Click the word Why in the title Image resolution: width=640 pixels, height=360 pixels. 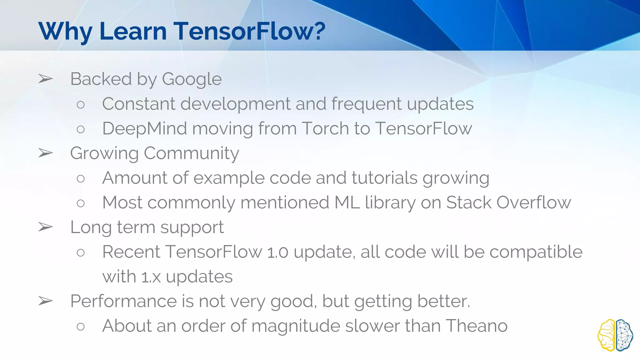point(65,32)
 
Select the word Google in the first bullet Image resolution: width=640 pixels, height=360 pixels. point(192,79)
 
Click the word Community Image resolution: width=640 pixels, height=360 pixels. point(191,153)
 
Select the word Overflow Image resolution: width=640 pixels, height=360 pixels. point(534,202)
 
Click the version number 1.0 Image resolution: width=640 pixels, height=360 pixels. point(277,252)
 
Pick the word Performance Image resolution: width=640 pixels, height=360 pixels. point(123,301)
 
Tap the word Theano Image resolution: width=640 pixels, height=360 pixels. point(477,326)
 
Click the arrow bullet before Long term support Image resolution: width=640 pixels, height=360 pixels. point(46,227)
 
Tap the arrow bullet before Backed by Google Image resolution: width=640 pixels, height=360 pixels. point(46,79)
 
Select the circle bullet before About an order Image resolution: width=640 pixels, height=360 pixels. point(81,327)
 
